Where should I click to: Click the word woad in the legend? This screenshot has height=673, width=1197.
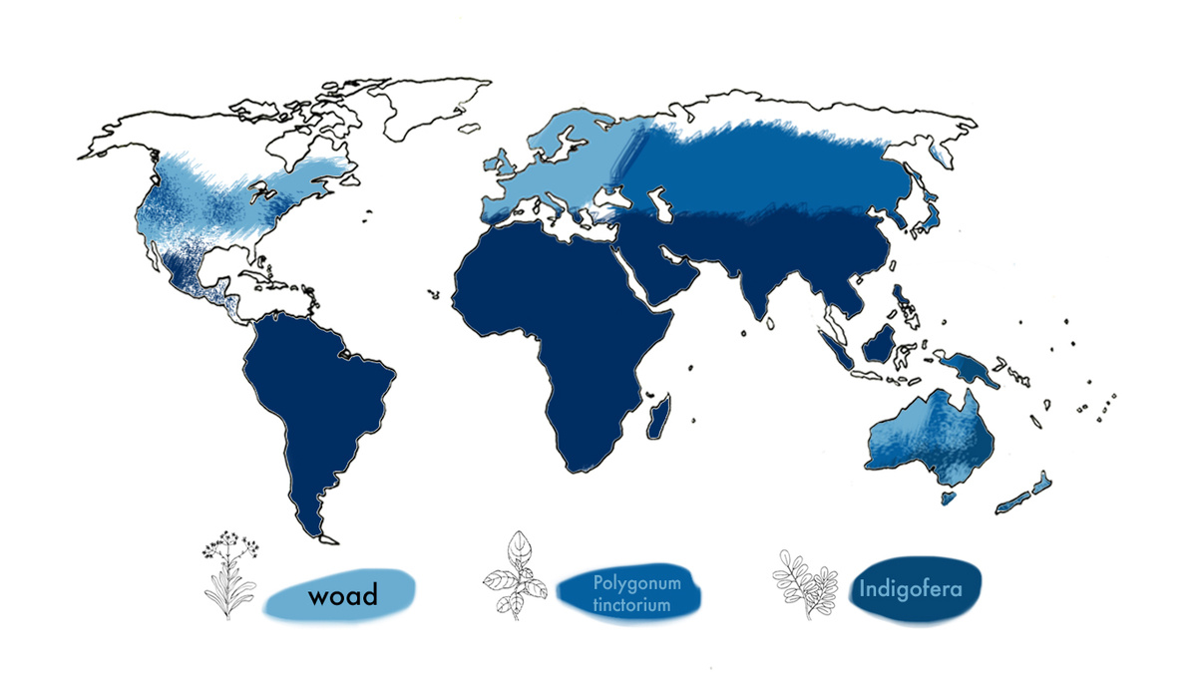point(343,597)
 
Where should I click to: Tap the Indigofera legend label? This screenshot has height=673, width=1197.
point(910,588)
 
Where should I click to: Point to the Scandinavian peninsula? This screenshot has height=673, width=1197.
point(559,140)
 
